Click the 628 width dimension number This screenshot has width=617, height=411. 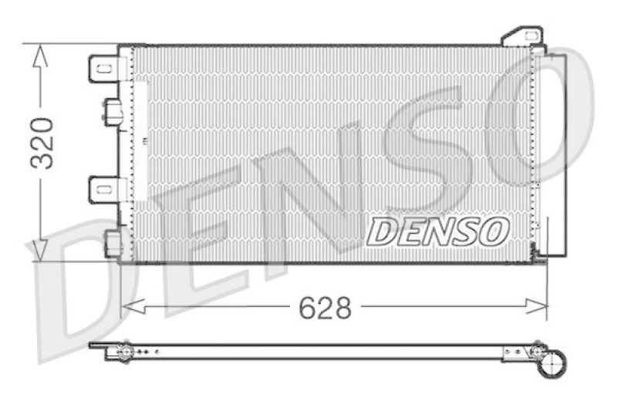(325, 308)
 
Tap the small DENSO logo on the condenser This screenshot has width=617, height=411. (437, 231)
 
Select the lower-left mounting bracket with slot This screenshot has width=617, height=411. (103, 188)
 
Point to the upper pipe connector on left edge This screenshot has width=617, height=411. (112, 111)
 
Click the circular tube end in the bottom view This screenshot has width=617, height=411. (554, 361)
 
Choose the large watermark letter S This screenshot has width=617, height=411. (432, 154)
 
